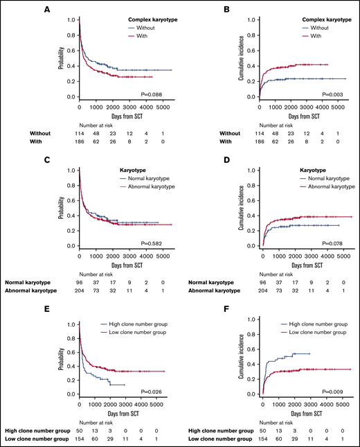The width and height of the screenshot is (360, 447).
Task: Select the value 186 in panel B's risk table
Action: pos(262,142)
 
